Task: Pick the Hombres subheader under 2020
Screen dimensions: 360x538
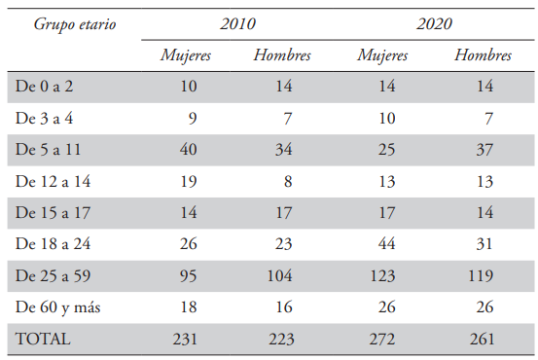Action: [x=483, y=54]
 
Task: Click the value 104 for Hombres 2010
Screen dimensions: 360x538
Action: [x=277, y=276]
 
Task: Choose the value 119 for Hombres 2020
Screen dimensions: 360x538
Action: [x=479, y=276]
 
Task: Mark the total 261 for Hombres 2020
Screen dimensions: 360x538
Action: [x=479, y=340]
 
